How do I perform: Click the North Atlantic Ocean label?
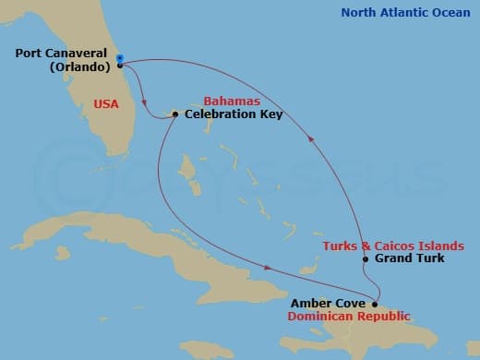click(403, 12)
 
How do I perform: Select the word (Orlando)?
click(81, 67)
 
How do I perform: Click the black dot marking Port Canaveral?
click(120, 66)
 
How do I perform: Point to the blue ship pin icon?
click(120, 57)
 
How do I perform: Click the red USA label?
click(106, 103)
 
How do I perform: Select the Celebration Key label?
click(234, 114)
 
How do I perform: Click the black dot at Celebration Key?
click(174, 114)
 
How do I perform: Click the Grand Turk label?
click(409, 258)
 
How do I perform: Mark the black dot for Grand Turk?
click(366, 259)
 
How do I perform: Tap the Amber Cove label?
click(330, 303)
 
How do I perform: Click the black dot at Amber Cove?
click(374, 304)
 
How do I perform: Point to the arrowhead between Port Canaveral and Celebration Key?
click(146, 100)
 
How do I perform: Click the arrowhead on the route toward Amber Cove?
click(268, 269)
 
